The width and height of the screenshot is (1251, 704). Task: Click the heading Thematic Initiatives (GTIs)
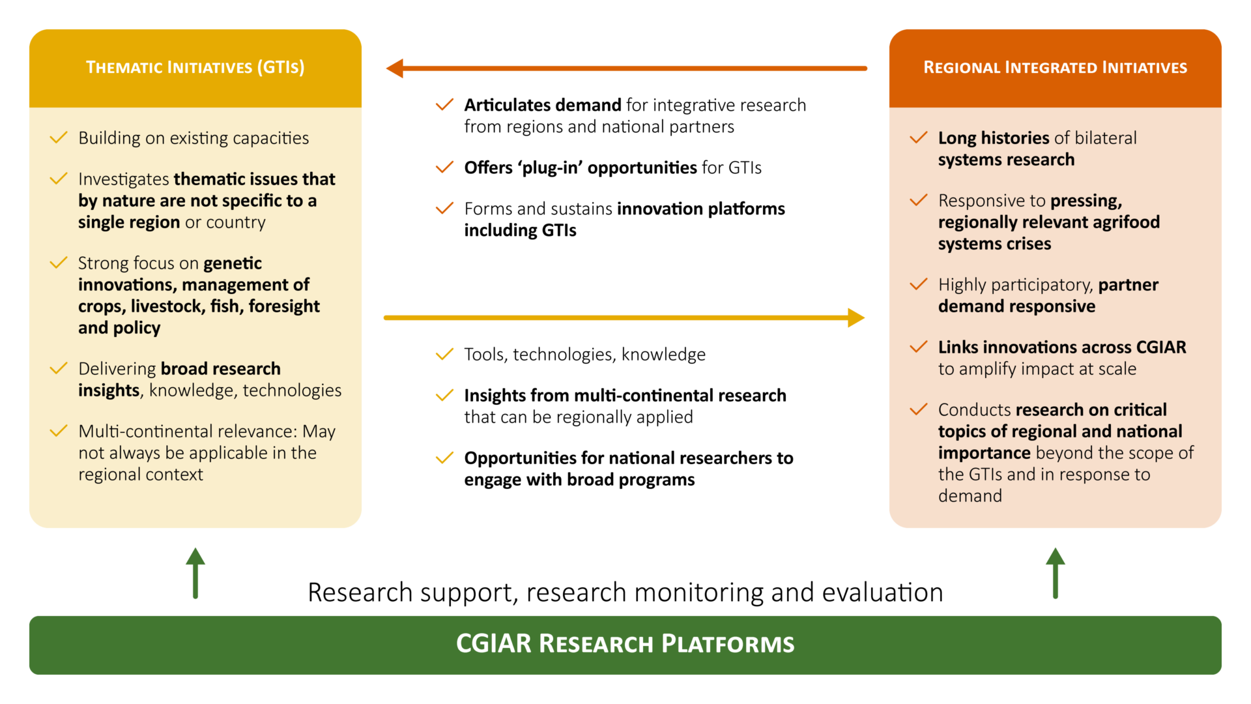click(x=195, y=67)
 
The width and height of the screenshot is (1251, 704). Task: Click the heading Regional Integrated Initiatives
click(x=1055, y=67)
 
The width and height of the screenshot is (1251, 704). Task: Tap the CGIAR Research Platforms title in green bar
click(x=625, y=643)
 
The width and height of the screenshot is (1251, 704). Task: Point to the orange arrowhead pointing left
click(x=395, y=68)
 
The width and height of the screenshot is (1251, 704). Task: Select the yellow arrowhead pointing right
click(x=856, y=317)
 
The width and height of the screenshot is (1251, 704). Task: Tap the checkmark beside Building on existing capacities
click(x=59, y=138)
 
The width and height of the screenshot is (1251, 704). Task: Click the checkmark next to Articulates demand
click(x=444, y=104)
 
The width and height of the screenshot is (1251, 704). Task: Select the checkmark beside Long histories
click(x=918, y=138)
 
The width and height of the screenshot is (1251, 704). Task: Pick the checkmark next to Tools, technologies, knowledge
click(x=444, y=354)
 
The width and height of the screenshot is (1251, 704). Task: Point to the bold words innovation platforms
click(x=700, y=209)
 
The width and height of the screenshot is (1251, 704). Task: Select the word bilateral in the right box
click(x=1105, y=138)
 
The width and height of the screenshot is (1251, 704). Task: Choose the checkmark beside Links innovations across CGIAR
click(x=918, y=347)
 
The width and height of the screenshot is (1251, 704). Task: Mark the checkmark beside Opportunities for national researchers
click(x=444, y=458)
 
